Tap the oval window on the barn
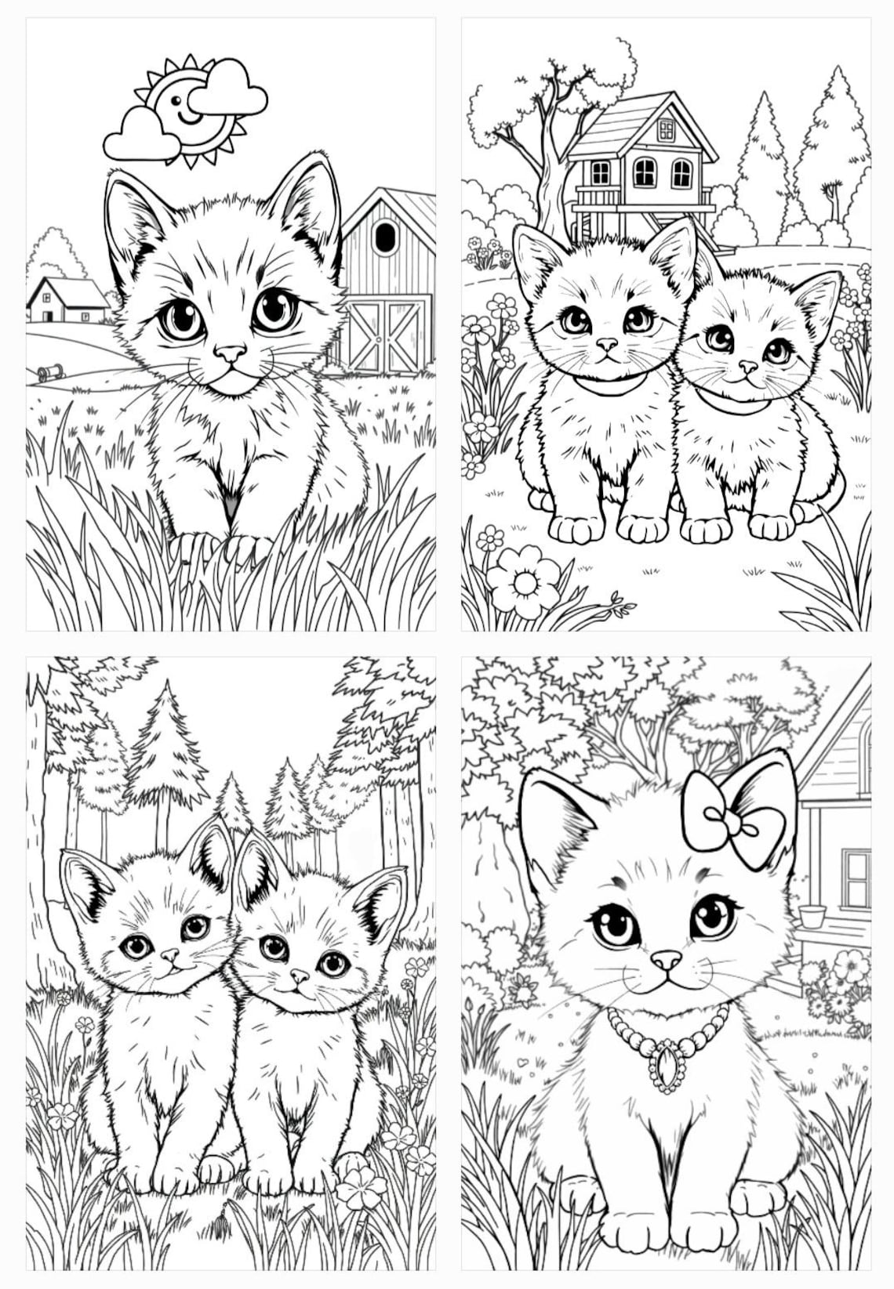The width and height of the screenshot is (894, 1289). click(x=385, y=237)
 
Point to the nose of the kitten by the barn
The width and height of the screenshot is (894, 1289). click(x=230, y=353)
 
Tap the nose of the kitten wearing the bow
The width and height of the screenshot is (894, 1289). click(x=666, y=959)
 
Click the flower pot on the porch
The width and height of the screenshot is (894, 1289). click(x=812, y=915)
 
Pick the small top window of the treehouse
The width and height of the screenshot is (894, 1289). click(x=666, y=129)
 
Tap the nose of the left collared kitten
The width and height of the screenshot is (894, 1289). click(x=606, y=344)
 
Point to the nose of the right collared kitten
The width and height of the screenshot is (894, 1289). click(x=748, y=366)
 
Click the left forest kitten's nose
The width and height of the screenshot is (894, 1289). click(x=169, y=955)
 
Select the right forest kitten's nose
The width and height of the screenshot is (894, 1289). click(x=299, y=976)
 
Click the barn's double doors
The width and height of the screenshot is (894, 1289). click(x=387, y=335)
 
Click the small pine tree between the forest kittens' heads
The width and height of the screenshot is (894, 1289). click(x=233, y=803)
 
